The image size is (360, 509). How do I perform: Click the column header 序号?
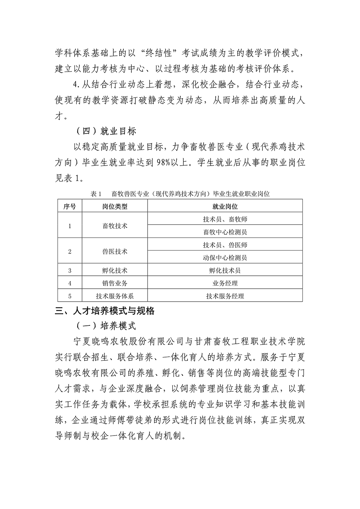coord(70,206)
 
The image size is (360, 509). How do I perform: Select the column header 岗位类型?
coord(115,206)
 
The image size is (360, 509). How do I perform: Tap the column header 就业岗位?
coord(225,206)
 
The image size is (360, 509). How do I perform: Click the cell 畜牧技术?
coord(115,226)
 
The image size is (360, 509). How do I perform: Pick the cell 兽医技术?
coord(115,252)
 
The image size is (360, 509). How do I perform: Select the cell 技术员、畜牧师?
coord(225,219)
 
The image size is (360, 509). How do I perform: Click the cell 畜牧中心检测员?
coord(225,232)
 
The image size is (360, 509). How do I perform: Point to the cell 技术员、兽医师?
coord(225,245)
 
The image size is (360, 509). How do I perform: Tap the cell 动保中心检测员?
coord(225,258)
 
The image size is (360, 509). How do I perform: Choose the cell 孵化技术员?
coord(225,271)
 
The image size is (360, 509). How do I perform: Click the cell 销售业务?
coord(115,283)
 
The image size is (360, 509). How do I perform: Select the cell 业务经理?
coord(225,283)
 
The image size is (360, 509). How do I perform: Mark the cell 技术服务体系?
coord(115,296)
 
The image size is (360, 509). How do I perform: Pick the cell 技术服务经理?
coord(225,296)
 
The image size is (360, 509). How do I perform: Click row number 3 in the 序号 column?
coord(70,271)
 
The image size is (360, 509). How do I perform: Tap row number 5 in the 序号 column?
coord(70,296)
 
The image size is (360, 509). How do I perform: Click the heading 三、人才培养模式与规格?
coord(105,311)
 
